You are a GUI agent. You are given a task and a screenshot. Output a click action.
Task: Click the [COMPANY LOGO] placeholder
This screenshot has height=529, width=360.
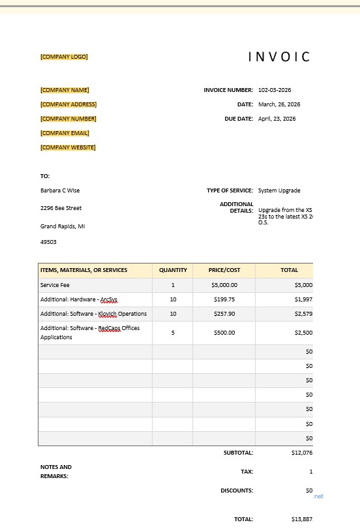click(64, 57)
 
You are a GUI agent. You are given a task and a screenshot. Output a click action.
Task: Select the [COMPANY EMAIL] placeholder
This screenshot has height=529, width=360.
click(65, 133)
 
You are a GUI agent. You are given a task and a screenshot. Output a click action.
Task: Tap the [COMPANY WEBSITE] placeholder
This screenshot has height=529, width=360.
click(68, 147)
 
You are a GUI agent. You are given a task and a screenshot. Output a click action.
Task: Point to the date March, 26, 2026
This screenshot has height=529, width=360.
click(279, 104)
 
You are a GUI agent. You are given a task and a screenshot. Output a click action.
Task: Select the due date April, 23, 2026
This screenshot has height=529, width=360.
click(277, 119)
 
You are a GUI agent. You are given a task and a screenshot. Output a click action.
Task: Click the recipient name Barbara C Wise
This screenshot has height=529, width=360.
click(60, 190)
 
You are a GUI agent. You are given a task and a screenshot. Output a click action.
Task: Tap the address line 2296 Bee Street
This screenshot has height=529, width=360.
click(61, 208)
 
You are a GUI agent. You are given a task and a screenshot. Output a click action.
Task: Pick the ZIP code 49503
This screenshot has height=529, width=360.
click(48, 242)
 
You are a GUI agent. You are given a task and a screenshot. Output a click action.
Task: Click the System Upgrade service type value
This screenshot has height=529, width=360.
click(279, 190)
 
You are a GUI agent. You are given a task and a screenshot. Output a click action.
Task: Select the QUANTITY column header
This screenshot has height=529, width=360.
click(173, 270)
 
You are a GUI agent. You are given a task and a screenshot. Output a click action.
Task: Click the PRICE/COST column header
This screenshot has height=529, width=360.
click(224, 270)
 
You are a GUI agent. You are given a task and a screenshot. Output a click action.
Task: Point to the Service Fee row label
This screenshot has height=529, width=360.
click(55, 285)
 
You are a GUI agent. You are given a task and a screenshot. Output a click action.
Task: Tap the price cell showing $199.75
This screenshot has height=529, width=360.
click(224, 299)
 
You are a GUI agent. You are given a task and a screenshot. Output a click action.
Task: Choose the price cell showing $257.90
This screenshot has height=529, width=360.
click(224, 314)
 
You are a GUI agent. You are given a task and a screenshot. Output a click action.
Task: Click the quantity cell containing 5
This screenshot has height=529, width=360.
click(173, 333)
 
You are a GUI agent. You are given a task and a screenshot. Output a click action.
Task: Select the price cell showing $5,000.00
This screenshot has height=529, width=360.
click(224, 285)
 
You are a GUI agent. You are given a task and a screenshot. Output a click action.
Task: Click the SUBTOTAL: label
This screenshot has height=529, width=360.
click(238, 452)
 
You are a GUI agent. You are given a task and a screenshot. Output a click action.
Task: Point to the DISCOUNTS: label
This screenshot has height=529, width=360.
click(237, 491)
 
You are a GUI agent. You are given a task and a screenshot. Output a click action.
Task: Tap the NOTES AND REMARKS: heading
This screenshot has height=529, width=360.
click(56, 472)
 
